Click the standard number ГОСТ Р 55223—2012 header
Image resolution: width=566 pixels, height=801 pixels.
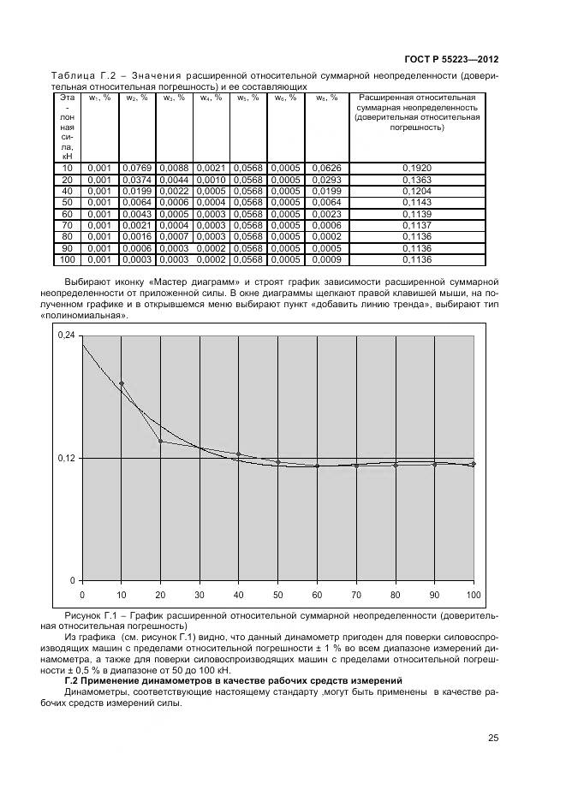(450, 59)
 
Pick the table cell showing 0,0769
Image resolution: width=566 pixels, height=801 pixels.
(136, 169)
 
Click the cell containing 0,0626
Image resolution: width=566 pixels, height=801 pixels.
(326, 169)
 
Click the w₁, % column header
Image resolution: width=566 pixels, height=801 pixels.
(100, 98)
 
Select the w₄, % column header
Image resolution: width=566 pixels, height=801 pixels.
(211, 98)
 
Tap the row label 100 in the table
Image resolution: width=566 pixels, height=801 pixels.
(68, 259)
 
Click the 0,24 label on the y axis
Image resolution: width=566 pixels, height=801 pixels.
(66, 335)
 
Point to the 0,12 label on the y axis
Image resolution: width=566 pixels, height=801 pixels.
(66, 459)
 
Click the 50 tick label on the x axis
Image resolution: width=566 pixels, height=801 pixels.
(277, 594)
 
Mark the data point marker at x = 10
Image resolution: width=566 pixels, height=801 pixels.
(122, 384)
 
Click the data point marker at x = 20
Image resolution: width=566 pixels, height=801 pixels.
(160, 442)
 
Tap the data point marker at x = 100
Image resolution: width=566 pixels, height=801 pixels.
(473, 464)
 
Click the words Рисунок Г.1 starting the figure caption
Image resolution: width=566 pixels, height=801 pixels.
(92, 615)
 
